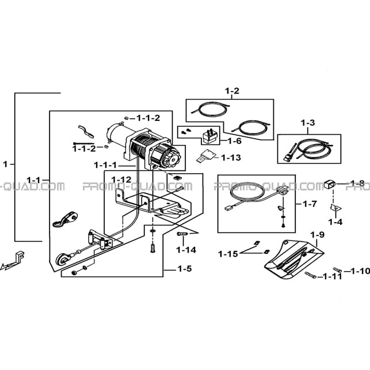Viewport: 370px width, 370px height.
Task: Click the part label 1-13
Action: pos(231,158)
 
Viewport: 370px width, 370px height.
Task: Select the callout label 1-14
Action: pos(186,250)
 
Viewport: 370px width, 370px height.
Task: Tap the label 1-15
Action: pos(228,254)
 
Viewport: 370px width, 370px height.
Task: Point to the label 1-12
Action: pos(121,180)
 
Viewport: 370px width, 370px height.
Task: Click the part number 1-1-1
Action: pos(105,165)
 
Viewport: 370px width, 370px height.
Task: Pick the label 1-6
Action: pos(235,141)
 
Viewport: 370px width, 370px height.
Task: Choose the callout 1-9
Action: pos(317,235)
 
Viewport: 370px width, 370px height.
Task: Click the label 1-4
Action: pos(335,222)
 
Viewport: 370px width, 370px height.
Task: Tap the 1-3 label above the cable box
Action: pos(308,123)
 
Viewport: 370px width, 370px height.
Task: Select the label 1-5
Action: pos(185,269)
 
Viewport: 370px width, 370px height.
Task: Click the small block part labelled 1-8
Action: pos(330,184)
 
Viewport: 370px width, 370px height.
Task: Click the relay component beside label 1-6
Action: pos(209,136)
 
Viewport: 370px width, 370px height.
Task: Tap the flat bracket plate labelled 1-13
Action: pos(206,155)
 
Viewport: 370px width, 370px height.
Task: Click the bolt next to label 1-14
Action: pos(182,234)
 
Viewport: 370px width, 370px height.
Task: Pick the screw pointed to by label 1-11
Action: pos(310,275)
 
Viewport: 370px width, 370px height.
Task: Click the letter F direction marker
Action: pos(20,257)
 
